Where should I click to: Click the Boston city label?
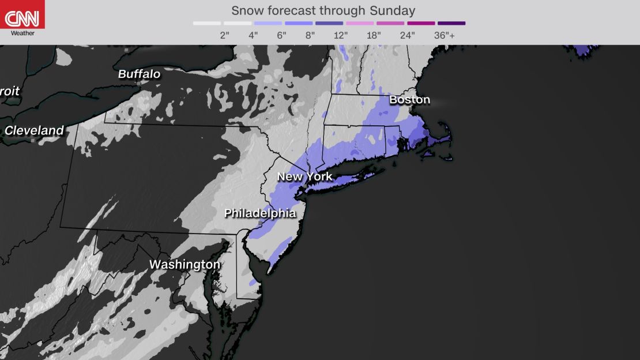tap(409, 100)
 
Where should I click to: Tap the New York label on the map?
tap(304, 177)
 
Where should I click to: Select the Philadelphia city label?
tap(259, 213)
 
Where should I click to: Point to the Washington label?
tap(185, 265)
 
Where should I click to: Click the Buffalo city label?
tap(139, 74)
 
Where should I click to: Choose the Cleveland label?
tap(34, 131)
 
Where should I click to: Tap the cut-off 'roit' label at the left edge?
tap(10, 92)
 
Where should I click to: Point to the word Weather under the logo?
tap(22, 33)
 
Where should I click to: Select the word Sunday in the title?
tap(395, 10)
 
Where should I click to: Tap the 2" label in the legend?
tap(225, 35)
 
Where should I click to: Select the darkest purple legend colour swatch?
tap(451, 24)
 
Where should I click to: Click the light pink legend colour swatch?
tap(360, 24)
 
